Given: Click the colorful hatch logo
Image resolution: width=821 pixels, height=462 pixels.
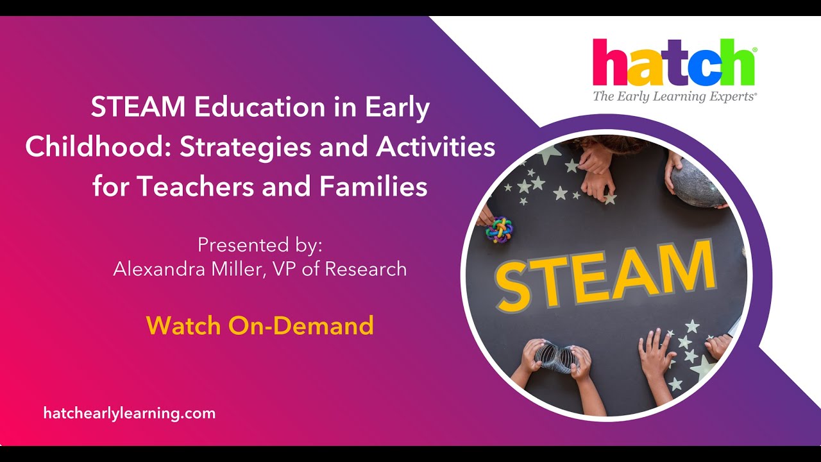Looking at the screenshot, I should [673, 62].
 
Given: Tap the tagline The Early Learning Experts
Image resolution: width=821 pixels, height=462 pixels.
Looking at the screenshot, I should [674, 97].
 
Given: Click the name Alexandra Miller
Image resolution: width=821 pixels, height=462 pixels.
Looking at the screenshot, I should [186, 268].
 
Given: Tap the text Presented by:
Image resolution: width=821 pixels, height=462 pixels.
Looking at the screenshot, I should [260, 245].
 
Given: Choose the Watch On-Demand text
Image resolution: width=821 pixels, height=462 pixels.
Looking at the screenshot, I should [260, 325].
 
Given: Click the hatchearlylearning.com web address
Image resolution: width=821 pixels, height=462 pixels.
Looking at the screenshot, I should [130, 413].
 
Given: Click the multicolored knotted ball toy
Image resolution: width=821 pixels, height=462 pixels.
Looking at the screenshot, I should [499, 229].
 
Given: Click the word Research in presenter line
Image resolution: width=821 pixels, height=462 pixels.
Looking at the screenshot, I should [366, 268].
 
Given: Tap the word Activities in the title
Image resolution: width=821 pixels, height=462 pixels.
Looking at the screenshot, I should [436, 148].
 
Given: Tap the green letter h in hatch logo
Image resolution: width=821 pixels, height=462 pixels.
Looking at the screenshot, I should [736, 64].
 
